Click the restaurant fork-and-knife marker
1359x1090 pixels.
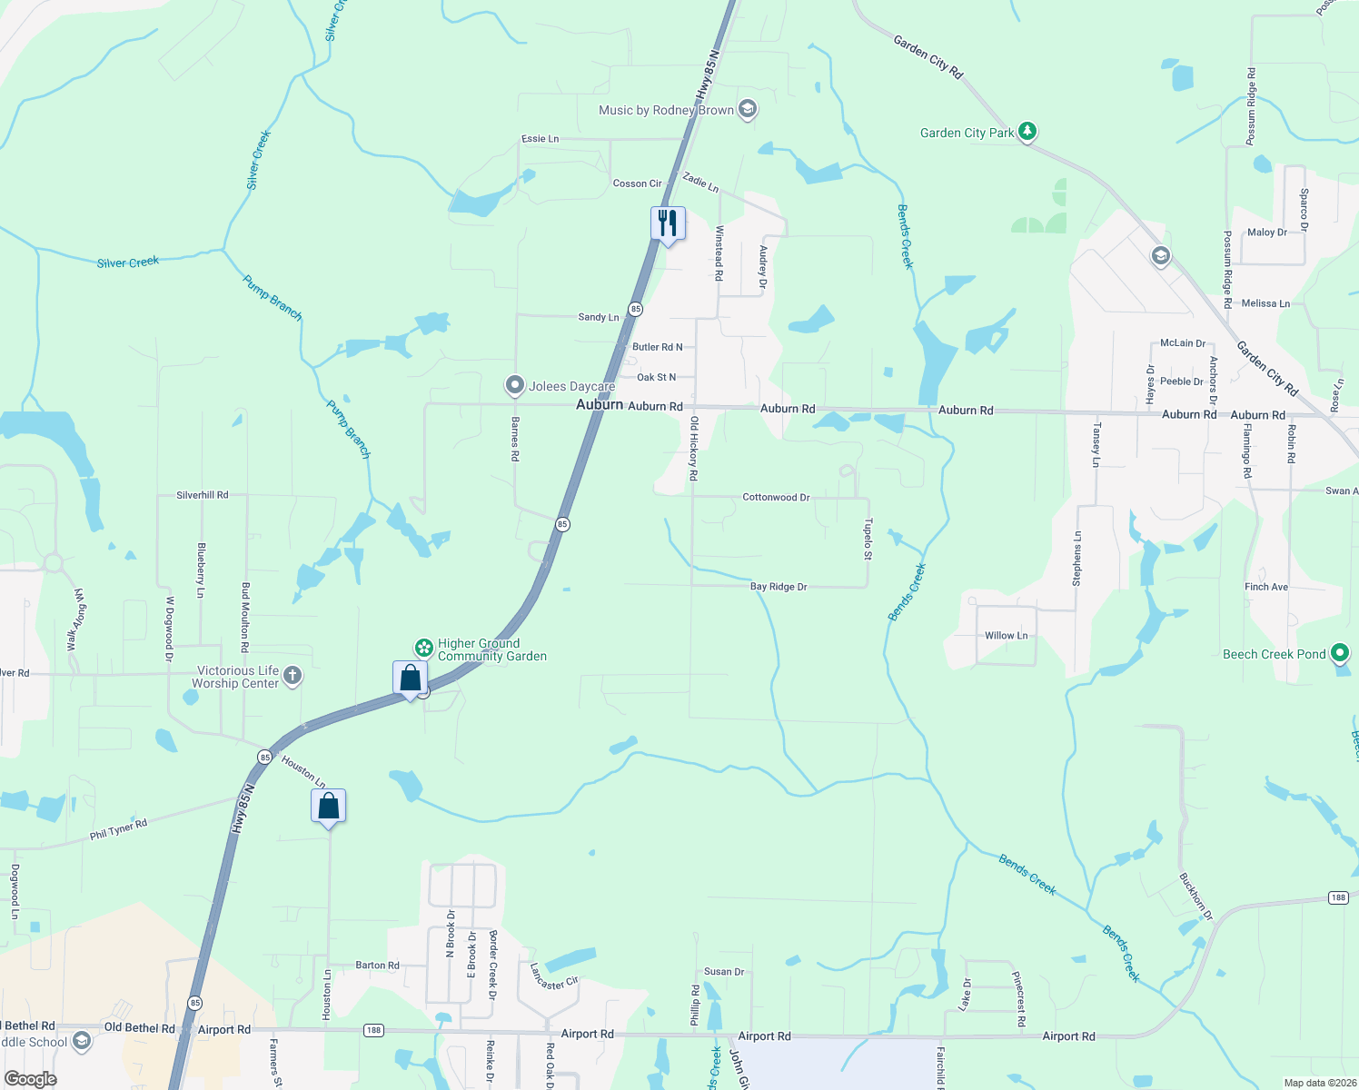[668, 223]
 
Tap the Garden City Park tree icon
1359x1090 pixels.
[1027, 133]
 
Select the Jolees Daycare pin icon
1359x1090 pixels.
[515, 386]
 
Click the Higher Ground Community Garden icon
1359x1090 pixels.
[423, 648]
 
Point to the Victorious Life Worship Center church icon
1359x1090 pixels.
[292, 675]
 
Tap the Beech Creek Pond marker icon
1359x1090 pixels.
[1339, 653]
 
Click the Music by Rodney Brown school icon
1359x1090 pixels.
[748, 110]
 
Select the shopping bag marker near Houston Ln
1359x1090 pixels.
[328, 806]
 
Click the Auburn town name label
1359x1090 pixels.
[600, 404]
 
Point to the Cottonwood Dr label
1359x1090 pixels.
[776, 497]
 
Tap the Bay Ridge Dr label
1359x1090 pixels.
[779, 587]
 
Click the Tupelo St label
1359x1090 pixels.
[868, 539]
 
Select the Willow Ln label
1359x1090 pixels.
[1007, 635]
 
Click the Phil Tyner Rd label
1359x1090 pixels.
[118, 829]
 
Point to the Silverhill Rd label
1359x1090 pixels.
[203, 495]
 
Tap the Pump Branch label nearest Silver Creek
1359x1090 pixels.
[273, 297]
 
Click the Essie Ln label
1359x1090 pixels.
[540, 139]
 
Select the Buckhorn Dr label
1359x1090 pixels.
[1195, 897]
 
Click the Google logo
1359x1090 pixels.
[31, 1079]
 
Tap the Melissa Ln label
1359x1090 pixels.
[1265, 303]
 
